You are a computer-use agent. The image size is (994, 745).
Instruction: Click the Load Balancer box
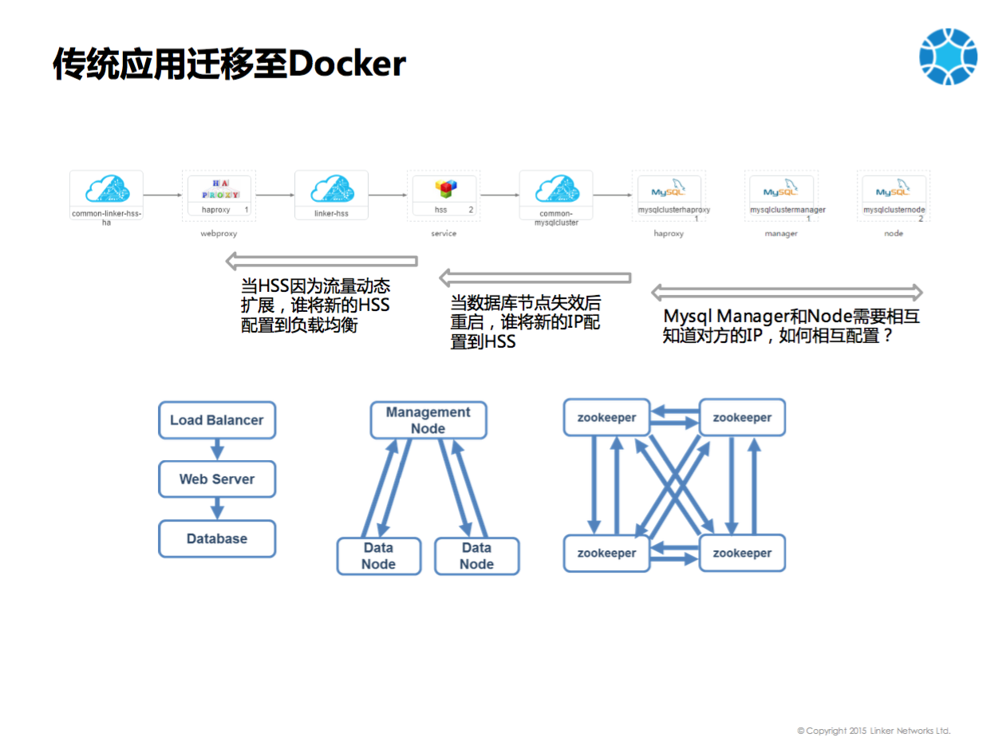point(217,420)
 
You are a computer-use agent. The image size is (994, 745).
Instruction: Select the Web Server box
point(217,479)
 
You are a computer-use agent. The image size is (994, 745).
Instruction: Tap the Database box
point(217,538)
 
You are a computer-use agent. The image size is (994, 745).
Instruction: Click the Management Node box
point(428,420)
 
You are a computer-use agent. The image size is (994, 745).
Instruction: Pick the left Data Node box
point(378,556)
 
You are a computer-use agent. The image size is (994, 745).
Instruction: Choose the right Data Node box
point(476,556)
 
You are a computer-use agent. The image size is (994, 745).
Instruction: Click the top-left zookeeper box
point(606,417)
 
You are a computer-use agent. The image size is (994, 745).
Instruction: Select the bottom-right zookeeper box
point(742,553)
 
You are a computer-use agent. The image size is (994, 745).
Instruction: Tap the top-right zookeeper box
point(742,417)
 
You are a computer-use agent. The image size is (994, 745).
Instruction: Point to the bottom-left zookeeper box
point(606,553)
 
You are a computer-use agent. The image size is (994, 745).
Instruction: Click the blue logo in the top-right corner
point(948,57)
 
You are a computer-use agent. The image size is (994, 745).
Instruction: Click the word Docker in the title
point(347,64)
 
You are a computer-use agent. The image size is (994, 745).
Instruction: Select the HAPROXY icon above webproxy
point(219,189)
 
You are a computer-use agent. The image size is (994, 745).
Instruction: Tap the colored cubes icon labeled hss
point(445,189)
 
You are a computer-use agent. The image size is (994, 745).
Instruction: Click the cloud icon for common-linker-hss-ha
point(106,189)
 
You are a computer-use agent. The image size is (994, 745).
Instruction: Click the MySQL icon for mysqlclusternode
point(893,189)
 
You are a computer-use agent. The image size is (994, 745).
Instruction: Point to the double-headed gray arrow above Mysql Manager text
point(787,292)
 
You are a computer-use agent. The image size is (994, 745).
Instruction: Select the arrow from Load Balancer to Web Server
point(217,449)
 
